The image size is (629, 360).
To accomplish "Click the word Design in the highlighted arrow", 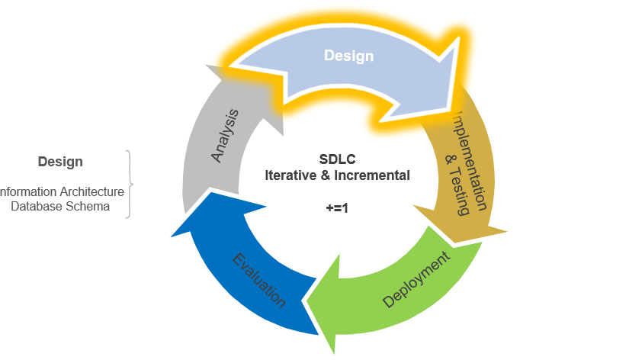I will pos(348,56).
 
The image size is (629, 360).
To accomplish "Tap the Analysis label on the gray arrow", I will pos(225,135).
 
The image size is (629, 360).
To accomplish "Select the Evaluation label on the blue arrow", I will pos(259,279).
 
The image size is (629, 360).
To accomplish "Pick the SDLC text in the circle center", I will pos(337,159).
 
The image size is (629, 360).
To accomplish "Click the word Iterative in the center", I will pos(288,175).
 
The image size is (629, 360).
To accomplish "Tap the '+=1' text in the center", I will pos(337,207).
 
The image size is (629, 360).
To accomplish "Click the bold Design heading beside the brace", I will pos(60,162).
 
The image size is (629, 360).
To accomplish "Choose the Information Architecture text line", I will pos(61,191).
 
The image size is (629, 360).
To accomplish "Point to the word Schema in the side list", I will pos(90,206).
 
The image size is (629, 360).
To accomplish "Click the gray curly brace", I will pos(130,184).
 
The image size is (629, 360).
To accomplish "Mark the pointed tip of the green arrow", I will pos(308,300).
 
